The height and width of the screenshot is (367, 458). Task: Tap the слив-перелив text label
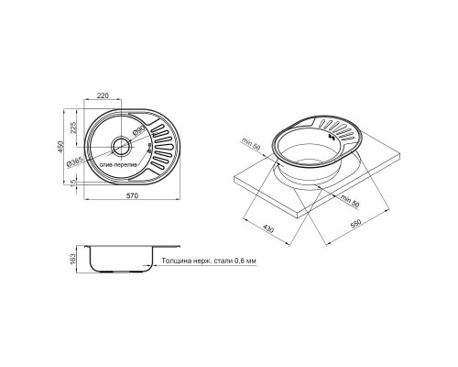(119, 166)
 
